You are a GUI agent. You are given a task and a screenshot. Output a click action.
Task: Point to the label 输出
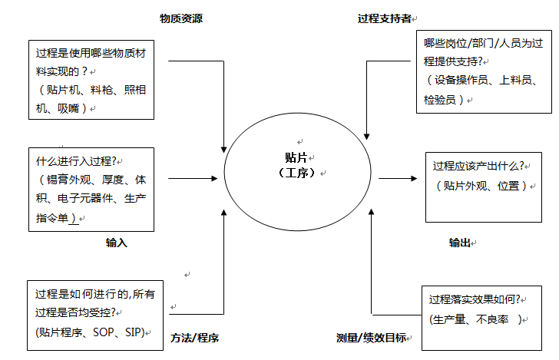point(459,243)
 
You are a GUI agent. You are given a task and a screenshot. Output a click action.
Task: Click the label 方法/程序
point(195,338)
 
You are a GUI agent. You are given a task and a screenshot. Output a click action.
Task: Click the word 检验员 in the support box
point(441,99)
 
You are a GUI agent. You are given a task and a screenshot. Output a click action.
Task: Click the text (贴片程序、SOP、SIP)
point(90,332)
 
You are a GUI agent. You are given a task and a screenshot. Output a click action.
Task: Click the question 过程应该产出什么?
point(478,166)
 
